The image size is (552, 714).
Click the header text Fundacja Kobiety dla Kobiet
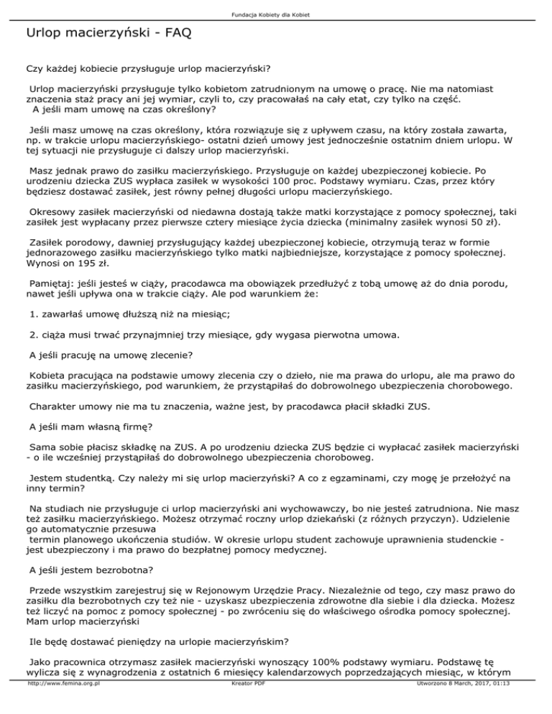point(276,14)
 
